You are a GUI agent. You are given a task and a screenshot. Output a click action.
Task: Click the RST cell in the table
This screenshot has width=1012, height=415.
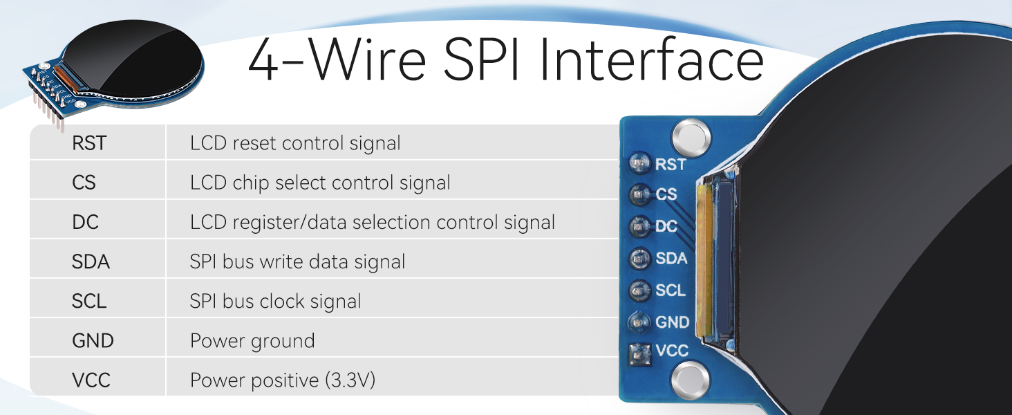(x=89, y=143)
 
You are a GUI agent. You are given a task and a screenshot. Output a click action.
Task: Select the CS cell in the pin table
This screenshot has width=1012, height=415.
(x=84, y=183)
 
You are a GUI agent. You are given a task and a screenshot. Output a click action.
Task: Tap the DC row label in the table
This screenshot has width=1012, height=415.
(x=85, y=222)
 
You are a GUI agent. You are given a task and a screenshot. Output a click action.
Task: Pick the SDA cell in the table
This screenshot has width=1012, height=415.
(x=91, y=261)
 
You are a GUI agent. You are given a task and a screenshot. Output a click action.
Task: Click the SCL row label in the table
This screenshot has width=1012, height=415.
(x=89, y=301)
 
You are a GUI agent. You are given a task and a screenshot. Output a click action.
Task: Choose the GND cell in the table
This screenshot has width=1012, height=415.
(x=93, y=340)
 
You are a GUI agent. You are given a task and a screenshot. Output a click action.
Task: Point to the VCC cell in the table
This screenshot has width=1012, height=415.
(x=91, y=380)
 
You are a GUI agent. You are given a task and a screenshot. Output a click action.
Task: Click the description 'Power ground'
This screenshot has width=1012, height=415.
(x=252, y=341)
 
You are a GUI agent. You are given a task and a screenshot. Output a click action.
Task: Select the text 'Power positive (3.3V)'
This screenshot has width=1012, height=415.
(x=283, y=380)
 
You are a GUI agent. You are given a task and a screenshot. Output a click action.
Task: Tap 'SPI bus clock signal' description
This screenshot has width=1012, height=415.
(x=276, y=302)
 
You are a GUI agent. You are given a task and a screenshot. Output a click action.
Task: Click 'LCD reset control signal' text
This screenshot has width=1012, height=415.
(x=295, y=143)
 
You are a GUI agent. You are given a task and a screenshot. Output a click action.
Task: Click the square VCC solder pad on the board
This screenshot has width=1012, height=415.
(x=639, y=354)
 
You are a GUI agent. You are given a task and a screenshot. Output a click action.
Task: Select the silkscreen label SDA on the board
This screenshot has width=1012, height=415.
(x=671, y=258)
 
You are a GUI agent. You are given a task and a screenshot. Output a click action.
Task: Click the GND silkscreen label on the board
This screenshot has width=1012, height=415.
(x=673, y=322)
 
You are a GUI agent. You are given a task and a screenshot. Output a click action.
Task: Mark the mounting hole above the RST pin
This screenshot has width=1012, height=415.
(x=691, y=136)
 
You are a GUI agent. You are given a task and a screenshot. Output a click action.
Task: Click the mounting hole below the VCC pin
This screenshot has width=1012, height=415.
(x=690, y=382)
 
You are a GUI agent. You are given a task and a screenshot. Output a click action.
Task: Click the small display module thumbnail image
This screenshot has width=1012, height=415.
(x=113, y=73)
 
